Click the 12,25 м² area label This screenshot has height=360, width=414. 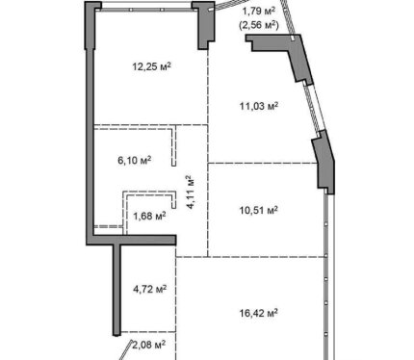[151, 66]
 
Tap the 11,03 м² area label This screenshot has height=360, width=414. [259, 106]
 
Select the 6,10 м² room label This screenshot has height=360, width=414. [135, 160]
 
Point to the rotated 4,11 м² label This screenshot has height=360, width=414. [191, 193]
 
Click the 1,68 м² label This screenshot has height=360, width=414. [149, 216]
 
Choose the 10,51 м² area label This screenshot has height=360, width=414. [259, 210]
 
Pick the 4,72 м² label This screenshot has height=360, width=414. [150, 289]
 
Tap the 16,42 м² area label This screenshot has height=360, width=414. [259, 313]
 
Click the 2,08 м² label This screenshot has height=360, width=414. [149, 346]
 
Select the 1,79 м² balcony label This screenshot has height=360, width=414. [259, 12]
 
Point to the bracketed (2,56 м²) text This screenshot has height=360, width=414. [259, 25]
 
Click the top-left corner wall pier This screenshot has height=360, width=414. [91, 25]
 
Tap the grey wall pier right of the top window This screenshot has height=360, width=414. [203, 25]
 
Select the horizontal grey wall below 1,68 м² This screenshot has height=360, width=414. [131, 240]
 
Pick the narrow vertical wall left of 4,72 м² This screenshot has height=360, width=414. [116, 290]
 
